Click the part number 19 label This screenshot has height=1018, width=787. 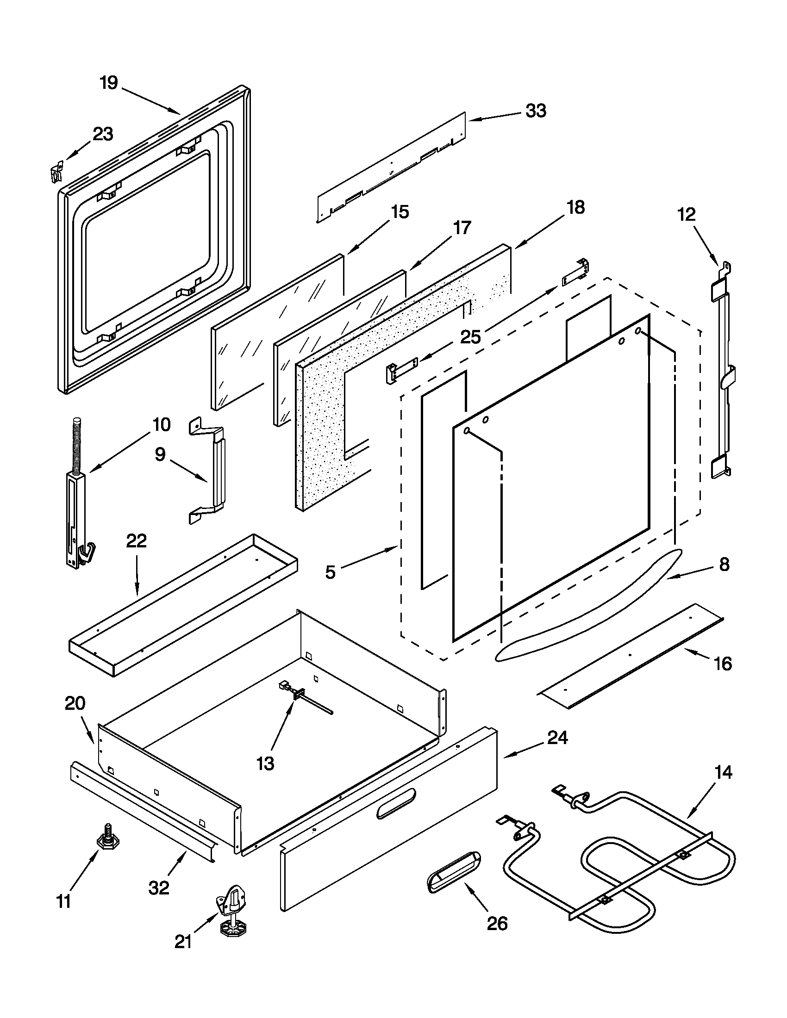click(109, 83)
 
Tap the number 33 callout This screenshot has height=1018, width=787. click(536, 111)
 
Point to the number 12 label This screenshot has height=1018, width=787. click(686, 214)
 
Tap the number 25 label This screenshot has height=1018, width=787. click(470, 336)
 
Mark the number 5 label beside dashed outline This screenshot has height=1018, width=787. click(330, 572)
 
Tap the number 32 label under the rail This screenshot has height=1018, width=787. click(158, 888)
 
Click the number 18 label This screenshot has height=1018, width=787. click(576, 207)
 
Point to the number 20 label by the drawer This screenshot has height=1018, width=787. click(75, 703)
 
